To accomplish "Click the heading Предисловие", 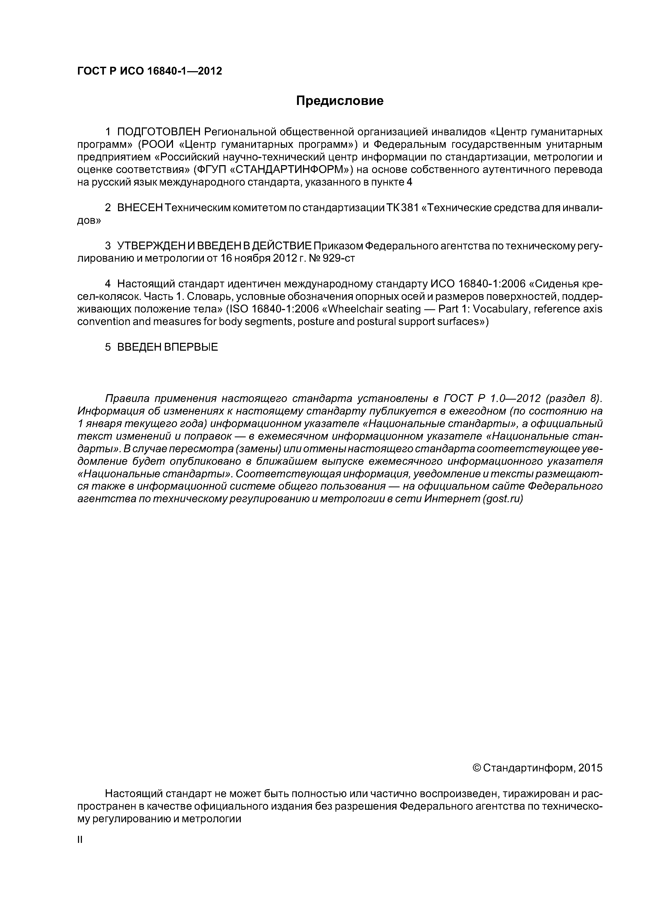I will click(339, 101).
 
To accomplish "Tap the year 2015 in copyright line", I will click(590, 769).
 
